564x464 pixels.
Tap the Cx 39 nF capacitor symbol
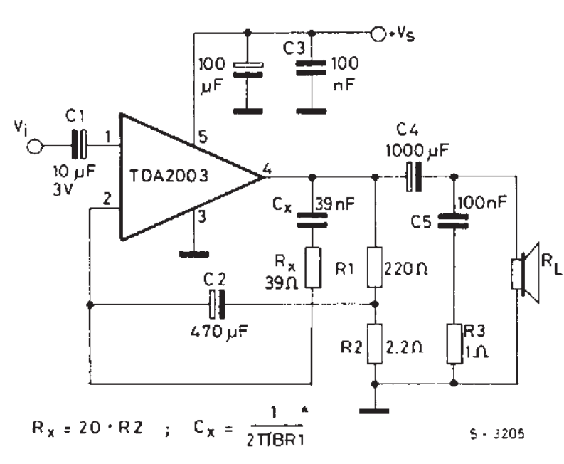tap(311, 218)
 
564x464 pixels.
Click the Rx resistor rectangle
tap(311, 268)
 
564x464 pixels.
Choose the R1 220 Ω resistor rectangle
tap(375, 268)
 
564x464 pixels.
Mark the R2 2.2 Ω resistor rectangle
tap(375, 344)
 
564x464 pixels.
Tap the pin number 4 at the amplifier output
tap(267, 169)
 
